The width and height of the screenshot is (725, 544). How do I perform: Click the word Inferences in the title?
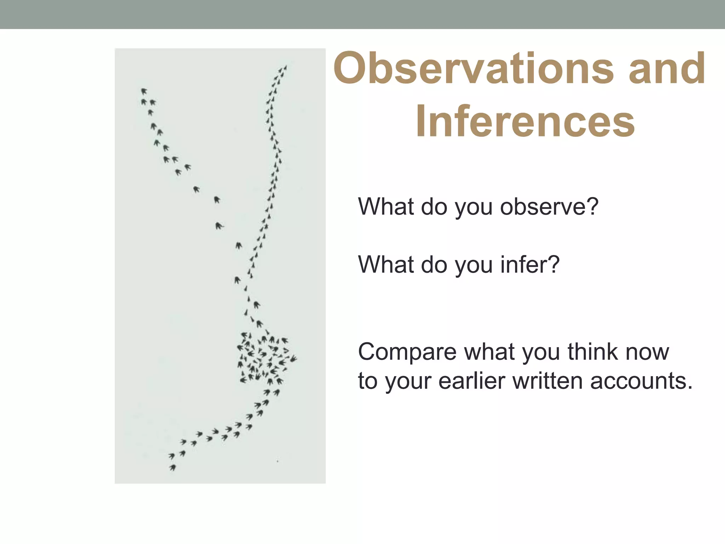(x=525, y=121)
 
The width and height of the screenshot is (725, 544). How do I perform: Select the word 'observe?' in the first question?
(x=549, y=206)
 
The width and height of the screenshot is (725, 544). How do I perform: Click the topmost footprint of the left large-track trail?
(x=144, y=91)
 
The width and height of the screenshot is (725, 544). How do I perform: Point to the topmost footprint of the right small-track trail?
(x=285, y=67)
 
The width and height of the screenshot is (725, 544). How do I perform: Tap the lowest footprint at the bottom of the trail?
(x=173, y=468)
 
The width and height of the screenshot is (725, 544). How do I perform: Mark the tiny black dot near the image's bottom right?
(x=278, y=461)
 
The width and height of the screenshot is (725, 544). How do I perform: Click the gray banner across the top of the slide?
(x=362, y=14)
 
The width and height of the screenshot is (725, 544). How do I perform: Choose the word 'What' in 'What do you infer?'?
(x=386, y=265)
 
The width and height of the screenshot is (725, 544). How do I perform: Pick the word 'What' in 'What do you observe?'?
(x=386, y=206)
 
